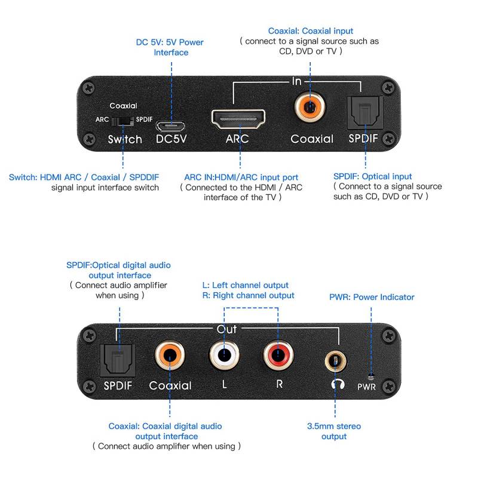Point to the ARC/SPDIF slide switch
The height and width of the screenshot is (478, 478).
123,119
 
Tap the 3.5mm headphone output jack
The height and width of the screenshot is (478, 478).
335,360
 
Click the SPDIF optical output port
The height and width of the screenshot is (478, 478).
119,359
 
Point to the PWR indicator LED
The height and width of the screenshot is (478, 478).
371,376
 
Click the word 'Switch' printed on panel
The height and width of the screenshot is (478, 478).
125,139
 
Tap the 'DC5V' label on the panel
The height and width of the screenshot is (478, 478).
172,139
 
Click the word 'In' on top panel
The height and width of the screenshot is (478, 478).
297,81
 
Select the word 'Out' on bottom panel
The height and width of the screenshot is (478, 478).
226,329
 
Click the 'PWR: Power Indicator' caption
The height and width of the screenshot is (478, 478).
372,297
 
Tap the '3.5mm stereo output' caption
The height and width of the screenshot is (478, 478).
334,431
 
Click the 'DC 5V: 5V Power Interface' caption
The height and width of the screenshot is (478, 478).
170,47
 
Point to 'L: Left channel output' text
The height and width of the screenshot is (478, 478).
245,285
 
